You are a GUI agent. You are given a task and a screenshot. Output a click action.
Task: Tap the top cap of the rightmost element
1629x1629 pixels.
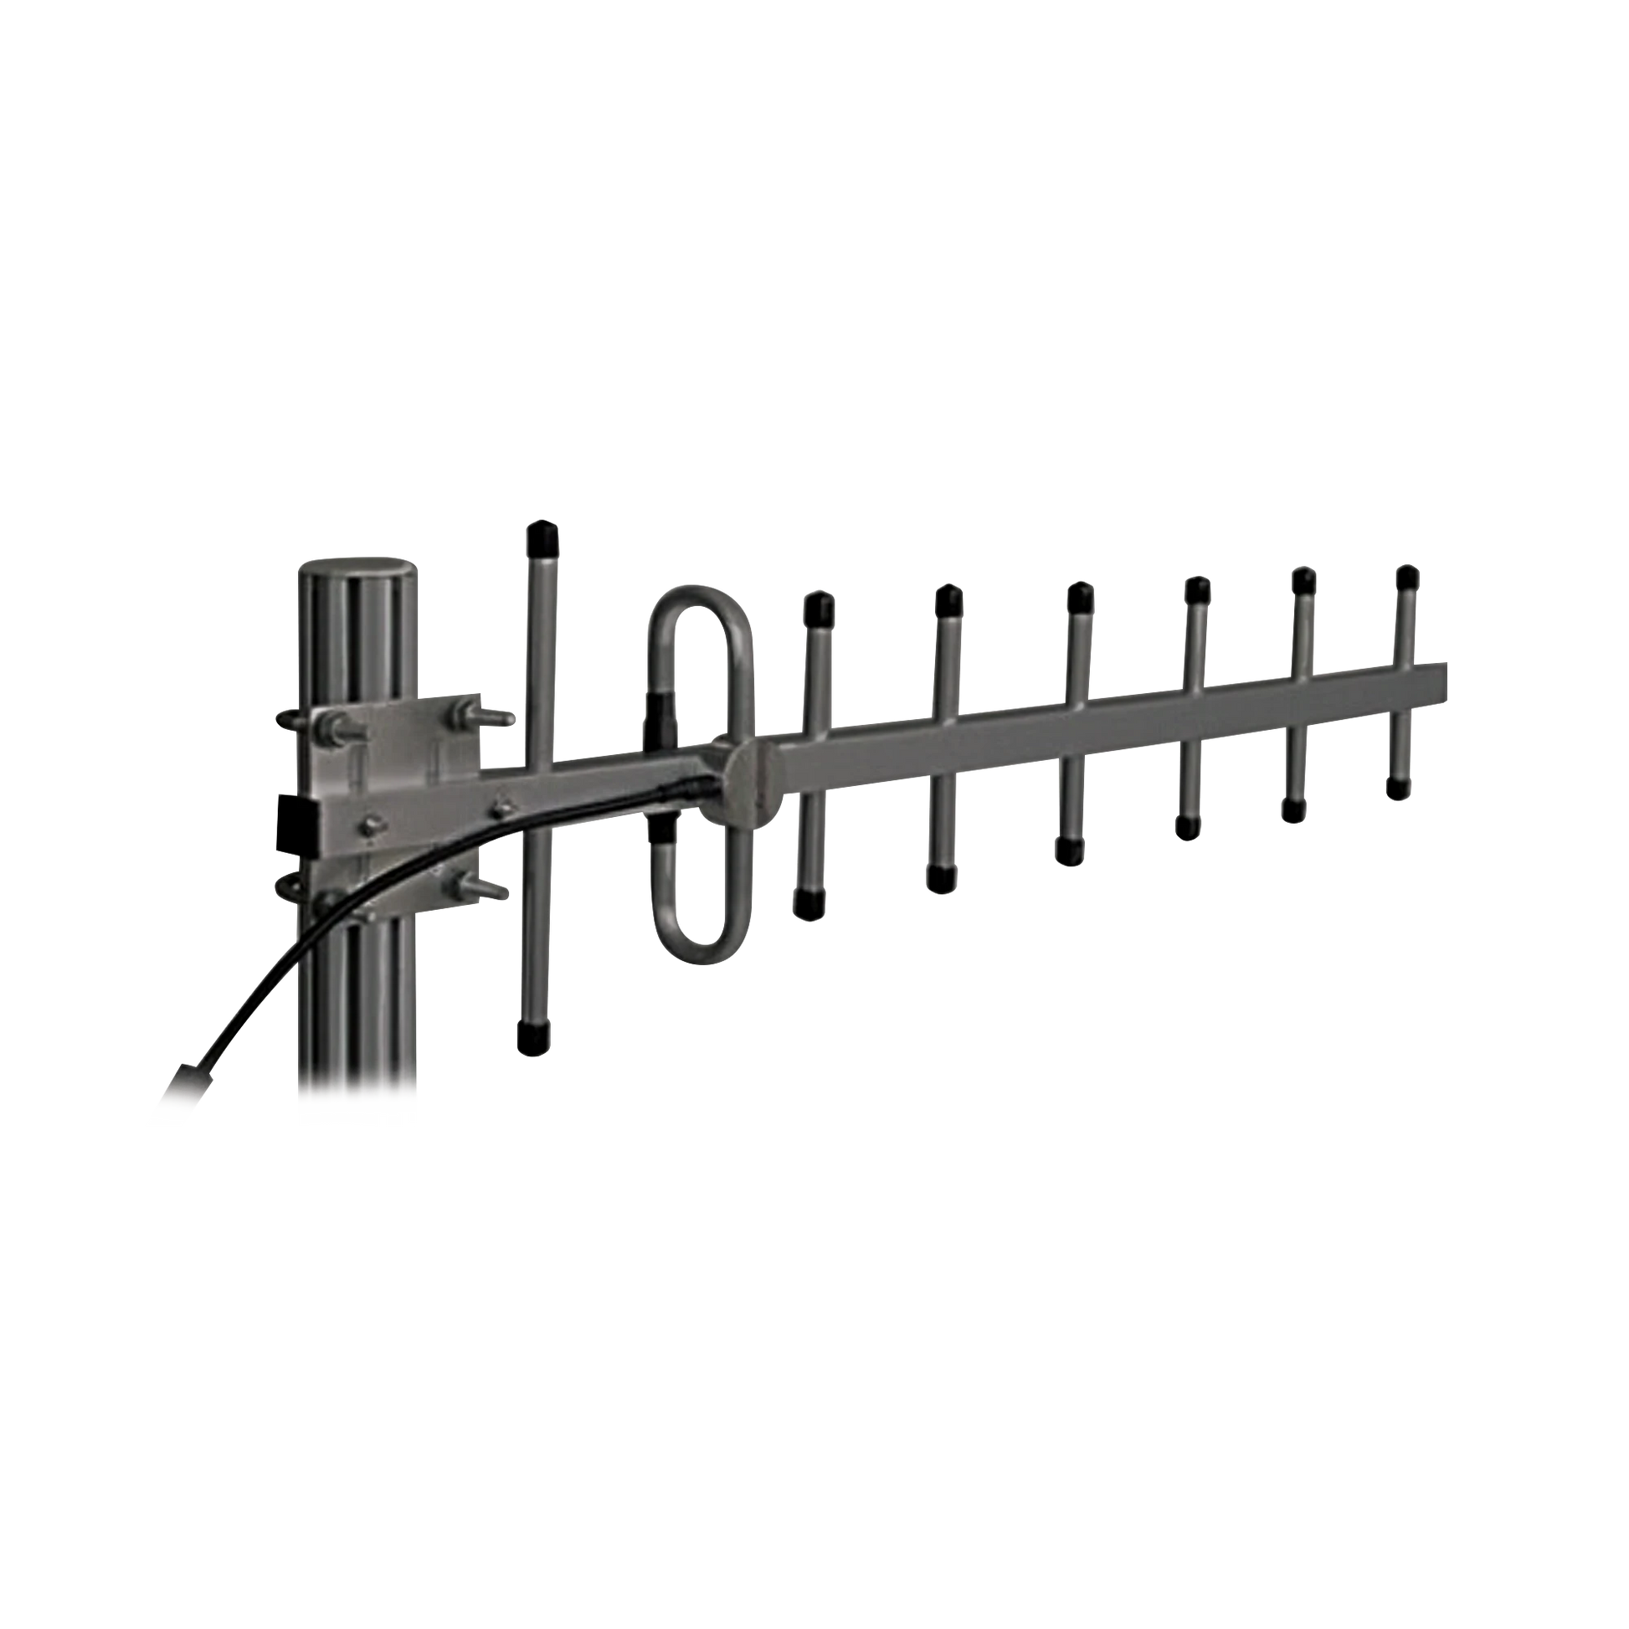pyautogui.click(x=1405, y=578)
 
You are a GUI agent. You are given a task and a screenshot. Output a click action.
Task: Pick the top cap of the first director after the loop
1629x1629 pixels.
pyautogui.click(x=819, y=605)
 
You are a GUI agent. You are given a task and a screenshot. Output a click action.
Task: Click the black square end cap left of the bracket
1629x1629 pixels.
pyautogui.click(x=295, y=815)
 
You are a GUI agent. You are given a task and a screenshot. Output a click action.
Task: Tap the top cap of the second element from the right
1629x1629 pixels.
pyautogui.click(x=1303, y=581)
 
